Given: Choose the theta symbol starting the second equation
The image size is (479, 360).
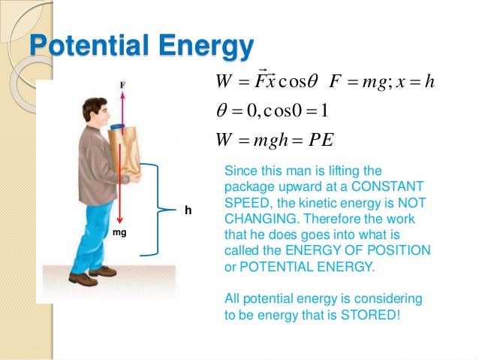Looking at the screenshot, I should (x=222, y=111).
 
